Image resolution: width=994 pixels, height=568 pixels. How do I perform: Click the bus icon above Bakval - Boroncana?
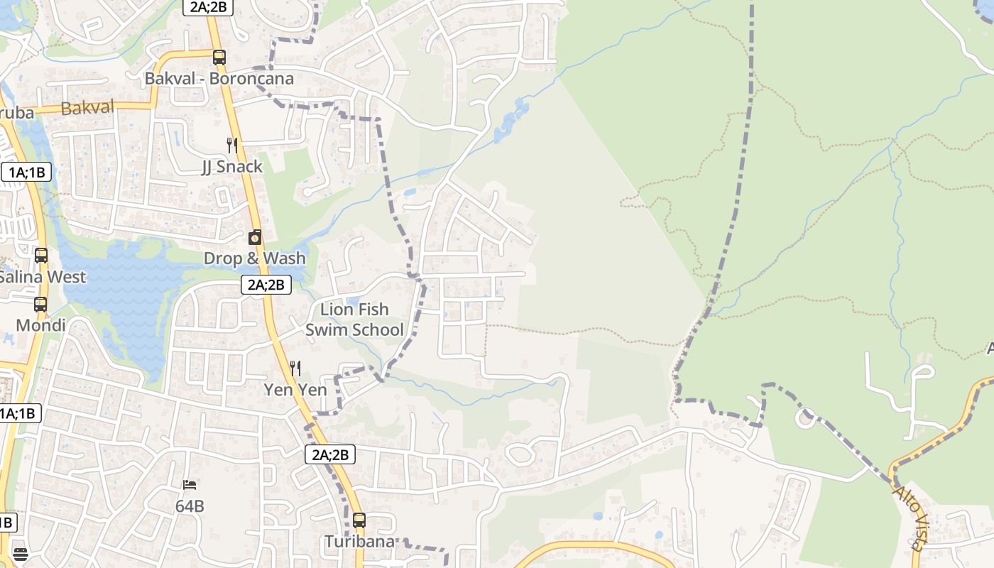pyautogui.click(x=219, y=58)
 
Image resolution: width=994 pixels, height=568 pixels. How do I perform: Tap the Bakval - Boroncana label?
pyautogui.click(x=219, y=78)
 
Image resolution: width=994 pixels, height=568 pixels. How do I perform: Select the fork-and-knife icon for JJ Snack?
pyautogui.click(x=232, y=146)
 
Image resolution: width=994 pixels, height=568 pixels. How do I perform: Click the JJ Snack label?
pyautogui.click(x=232, y=167)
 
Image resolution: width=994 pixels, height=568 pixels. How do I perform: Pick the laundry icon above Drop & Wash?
pyautogui.click(x=255, y=237)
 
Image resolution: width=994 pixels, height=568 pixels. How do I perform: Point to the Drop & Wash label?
pyautogui.click(x=255, y=258)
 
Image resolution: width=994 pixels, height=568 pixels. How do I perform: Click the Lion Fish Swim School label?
pyautogui.click(x=354, y=319)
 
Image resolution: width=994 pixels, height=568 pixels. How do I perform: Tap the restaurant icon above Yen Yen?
pyautogui.click(x=295, y=368)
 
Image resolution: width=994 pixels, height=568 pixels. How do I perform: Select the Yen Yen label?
pyautogui.click(x=295, y=390)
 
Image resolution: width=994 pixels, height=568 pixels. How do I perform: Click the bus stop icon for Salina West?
pyautogui.click(x=41, y=256)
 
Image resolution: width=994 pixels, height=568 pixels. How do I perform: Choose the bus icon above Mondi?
pyautogui.click(x=40, y=305)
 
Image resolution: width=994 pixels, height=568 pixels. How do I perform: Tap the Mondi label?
pyautogui.click(x=40, y=326)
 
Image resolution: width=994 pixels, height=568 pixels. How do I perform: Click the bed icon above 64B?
pyautogui.click(x=190, y=485)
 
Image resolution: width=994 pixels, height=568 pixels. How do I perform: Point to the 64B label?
pyautogui.click(x=190, y=506)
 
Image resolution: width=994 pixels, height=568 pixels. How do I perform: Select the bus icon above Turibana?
pyautogui.click(x=359, y=520)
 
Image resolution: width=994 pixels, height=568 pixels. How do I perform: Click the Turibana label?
pyautogui.click(x=359, y=542)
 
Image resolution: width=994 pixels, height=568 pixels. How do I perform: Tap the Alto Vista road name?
pyautogui.click(x=911, y=518)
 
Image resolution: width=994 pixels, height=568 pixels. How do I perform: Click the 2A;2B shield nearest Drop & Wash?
pyautogui.click(x=266, y=285)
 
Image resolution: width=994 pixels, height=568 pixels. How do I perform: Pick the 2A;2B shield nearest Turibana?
pyautogui.click(x=330, y=454)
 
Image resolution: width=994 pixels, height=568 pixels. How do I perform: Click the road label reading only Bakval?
pyautogui.click(x=87, y=108)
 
